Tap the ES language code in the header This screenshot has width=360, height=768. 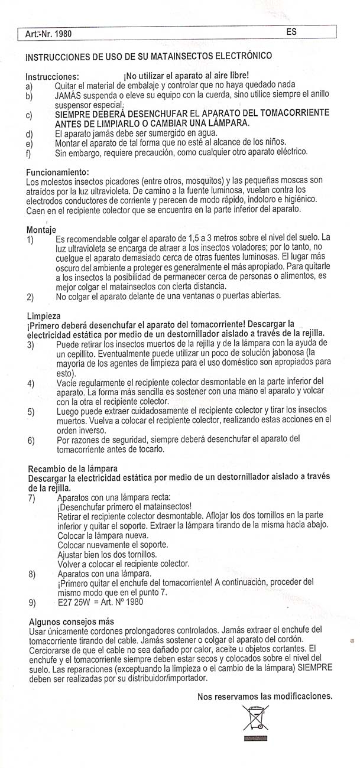pyautogui.click(x=291, y=32)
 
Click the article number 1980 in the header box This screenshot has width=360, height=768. pyautogui.click(x=61, y=34)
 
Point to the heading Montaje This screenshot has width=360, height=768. pyautogui.click(x=41, y=229)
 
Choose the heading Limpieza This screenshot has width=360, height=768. pyautogui.click(x=43, y=315)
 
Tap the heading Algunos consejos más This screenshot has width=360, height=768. pyautogui.click(x=72, y=621)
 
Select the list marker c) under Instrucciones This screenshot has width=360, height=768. pyautogui.click(x=30, y=115)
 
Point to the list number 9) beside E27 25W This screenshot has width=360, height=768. pyautogui.click(x=32, y=603)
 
